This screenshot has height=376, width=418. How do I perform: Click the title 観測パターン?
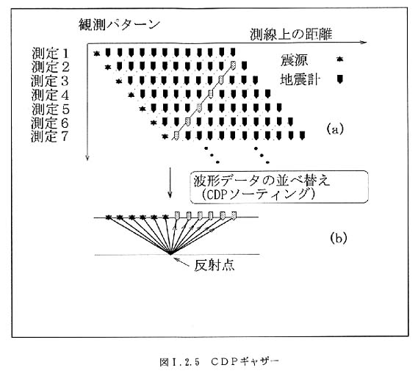pyautogui.click(x=119, y=25)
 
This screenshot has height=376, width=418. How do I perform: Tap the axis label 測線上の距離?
pyautogui.click(x=291, y=35)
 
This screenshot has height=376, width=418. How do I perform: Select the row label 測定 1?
pyautogui.click(x=50, y=54)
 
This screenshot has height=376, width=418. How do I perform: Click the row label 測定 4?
pyautogui.click(x=50, y=95)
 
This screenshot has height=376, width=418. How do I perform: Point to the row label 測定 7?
pyautogui.click(x=49, y=137)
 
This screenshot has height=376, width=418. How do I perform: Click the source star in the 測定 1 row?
pyautogui.click(x=96, y=54)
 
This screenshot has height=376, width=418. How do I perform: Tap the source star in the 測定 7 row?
pyautogui.click(x=165, y=137)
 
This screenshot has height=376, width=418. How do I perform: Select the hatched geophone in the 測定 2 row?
pyautogui.click(x=233, y=65)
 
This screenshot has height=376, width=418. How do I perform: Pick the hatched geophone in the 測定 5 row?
pyautogui.click(x=199, y=107)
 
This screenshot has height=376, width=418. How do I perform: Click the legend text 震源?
pyautogui.click(x=294, y=60)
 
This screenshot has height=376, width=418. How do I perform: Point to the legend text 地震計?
pyautogui.click(x=299, y=79)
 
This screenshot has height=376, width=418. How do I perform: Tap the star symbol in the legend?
pyautogui.click(x=339, y=59)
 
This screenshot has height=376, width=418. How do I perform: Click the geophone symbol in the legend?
pyautogui.click(x=339, y=79)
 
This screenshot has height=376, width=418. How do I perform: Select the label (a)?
pyautogui.click(x=335, y=129)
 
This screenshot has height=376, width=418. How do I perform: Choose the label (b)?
pyautogui.click(x=339, y=238)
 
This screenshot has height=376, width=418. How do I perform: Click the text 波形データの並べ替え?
pyautogui.click(x=262, y=181)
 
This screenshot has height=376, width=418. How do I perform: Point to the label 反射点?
pyautogui.click(x=215, y=265)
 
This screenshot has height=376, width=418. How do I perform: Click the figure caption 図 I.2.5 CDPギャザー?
pyautogui.click(x=219, y=361)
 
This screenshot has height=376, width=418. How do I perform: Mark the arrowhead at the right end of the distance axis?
pyautogui.click(x=365, y=42)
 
